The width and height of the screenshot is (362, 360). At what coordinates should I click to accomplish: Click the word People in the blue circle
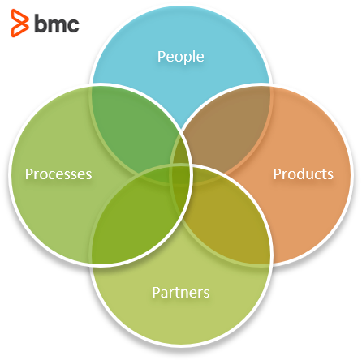[x=181, y=57]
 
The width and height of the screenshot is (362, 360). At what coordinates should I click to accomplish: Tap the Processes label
[x=58, y=174]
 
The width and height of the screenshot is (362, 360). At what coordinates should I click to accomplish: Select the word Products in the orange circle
[x=303, y=174]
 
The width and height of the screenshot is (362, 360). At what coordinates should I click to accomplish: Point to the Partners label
[x=181, y=292]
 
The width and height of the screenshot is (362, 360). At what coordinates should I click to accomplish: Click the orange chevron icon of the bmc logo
[x=19, y=23]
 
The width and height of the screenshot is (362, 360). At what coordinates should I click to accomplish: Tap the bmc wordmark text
[x=57, y=24]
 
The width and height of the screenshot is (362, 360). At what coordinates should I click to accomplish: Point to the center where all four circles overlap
[x=181, y=175]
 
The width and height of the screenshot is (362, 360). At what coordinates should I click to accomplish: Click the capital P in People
[x=162, y=56]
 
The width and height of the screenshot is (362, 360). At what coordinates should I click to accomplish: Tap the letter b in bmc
[x=41, y=24]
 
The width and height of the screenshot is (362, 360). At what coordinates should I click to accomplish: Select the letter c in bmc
[x=73, y=25]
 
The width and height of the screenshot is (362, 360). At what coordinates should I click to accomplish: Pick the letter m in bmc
[x=57, y=25]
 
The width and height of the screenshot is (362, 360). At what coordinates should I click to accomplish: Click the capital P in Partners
[x=156, y=292]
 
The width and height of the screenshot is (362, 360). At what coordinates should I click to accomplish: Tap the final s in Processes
[x=88, y=176]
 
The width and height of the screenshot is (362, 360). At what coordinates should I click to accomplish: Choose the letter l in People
[x=194, y=56]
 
